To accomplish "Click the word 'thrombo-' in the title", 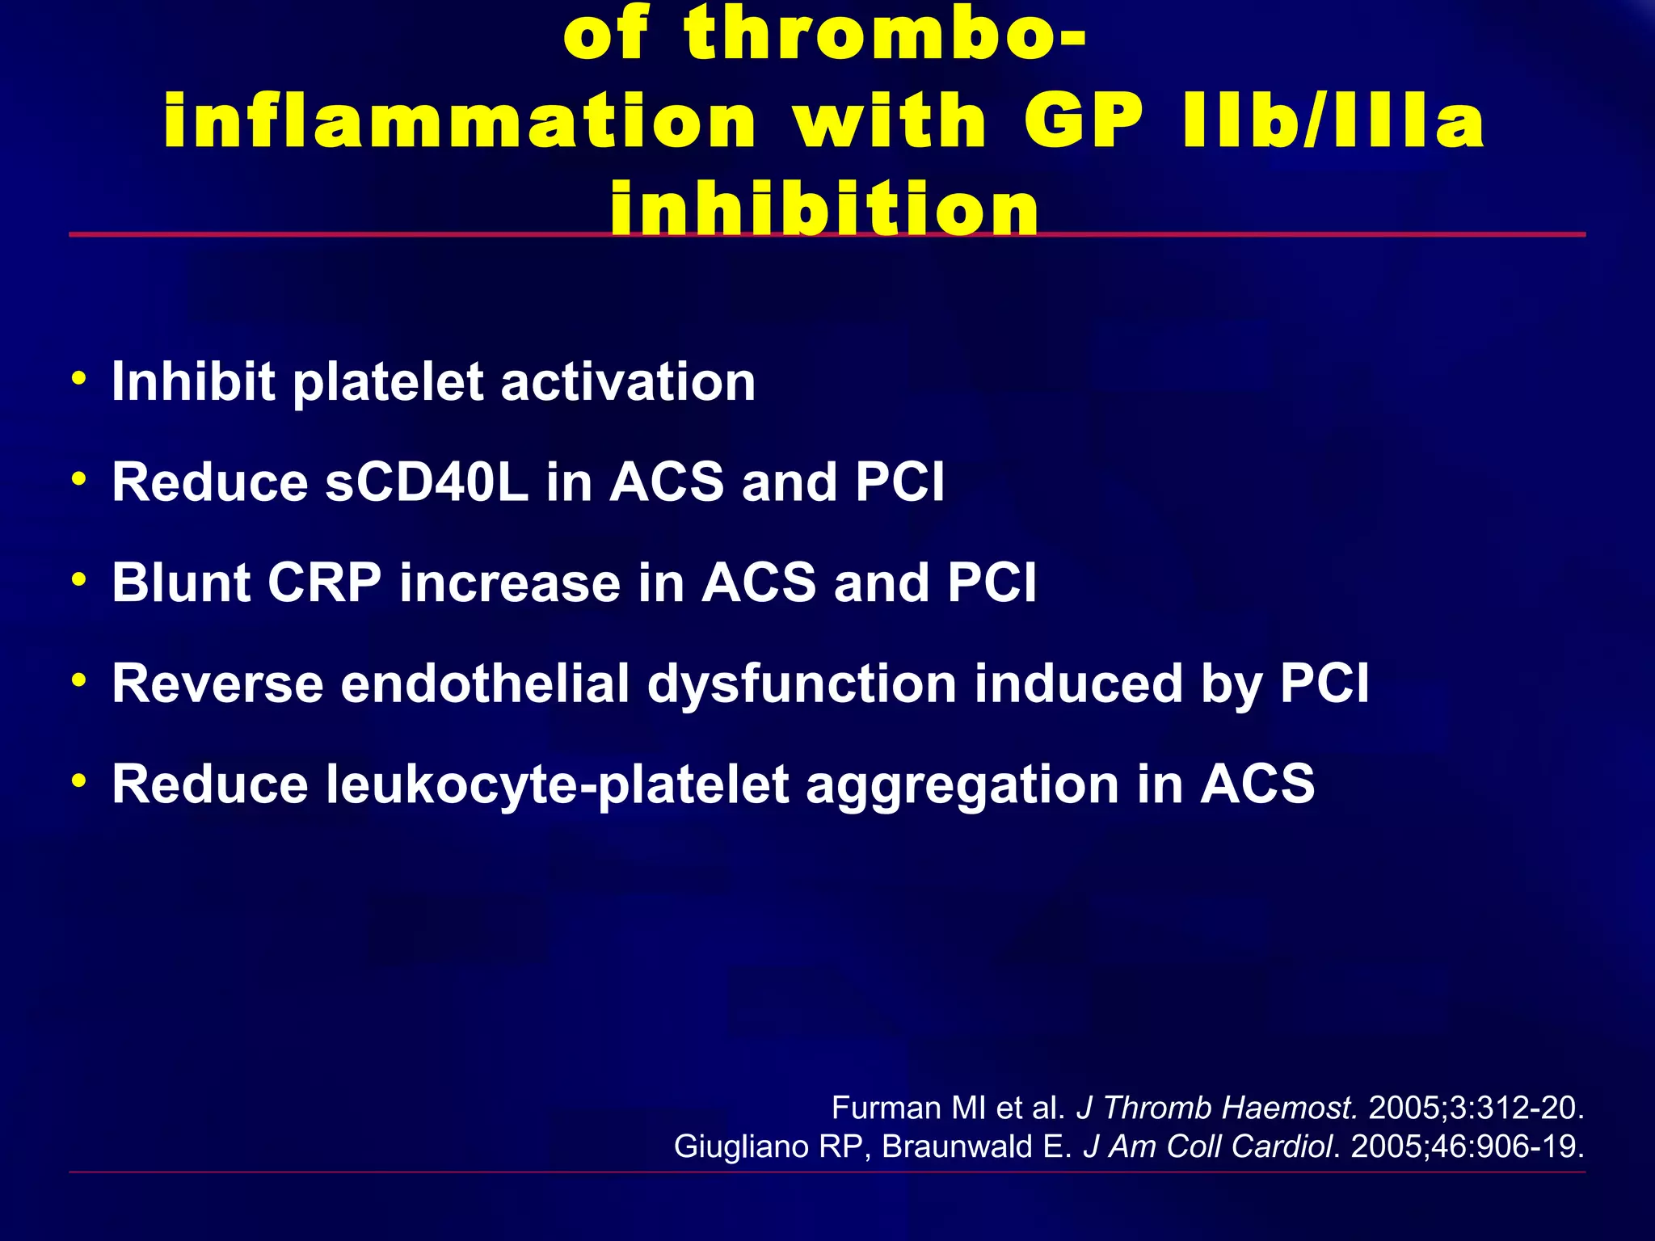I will point(885,34).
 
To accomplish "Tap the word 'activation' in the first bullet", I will point(628,381).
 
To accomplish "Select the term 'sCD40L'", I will point(427,482).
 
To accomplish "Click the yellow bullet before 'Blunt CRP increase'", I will point(78,579).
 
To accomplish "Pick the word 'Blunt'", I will point(181,583).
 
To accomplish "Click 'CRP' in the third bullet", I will point(324,583).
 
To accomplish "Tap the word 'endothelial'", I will point(485,684).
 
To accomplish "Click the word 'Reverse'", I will point(217,684).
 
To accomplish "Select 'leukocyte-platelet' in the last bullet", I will point(558,785).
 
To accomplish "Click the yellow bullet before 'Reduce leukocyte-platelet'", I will point(78,780).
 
